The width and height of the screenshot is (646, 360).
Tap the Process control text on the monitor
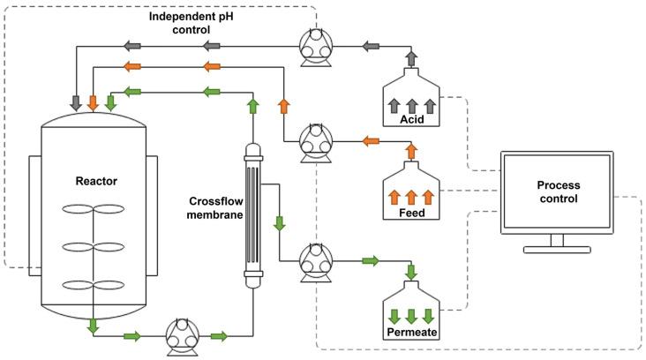point(557,191)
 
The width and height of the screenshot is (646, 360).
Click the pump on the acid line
point(313,47)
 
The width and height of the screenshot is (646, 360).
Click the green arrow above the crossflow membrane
point(252,107)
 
